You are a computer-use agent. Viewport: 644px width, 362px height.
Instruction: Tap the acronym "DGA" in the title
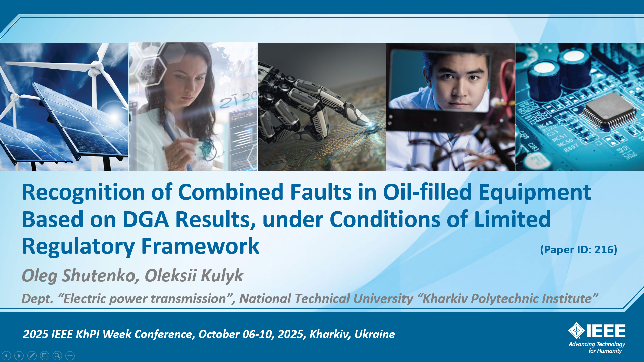point(146,220)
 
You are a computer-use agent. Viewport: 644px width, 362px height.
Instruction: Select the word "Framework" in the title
point(200,246)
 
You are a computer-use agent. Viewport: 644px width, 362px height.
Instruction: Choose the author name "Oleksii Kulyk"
point(194,276)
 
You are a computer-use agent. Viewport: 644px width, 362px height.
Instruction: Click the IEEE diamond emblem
point(577,331)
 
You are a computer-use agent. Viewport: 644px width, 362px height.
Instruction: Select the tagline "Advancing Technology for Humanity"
point(597,347)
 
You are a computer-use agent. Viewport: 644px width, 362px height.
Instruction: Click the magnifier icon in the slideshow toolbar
point(57,355)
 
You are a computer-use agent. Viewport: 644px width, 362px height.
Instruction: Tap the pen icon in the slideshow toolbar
point(32,355)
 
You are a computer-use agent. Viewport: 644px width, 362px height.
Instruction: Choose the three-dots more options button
point(70,355)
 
